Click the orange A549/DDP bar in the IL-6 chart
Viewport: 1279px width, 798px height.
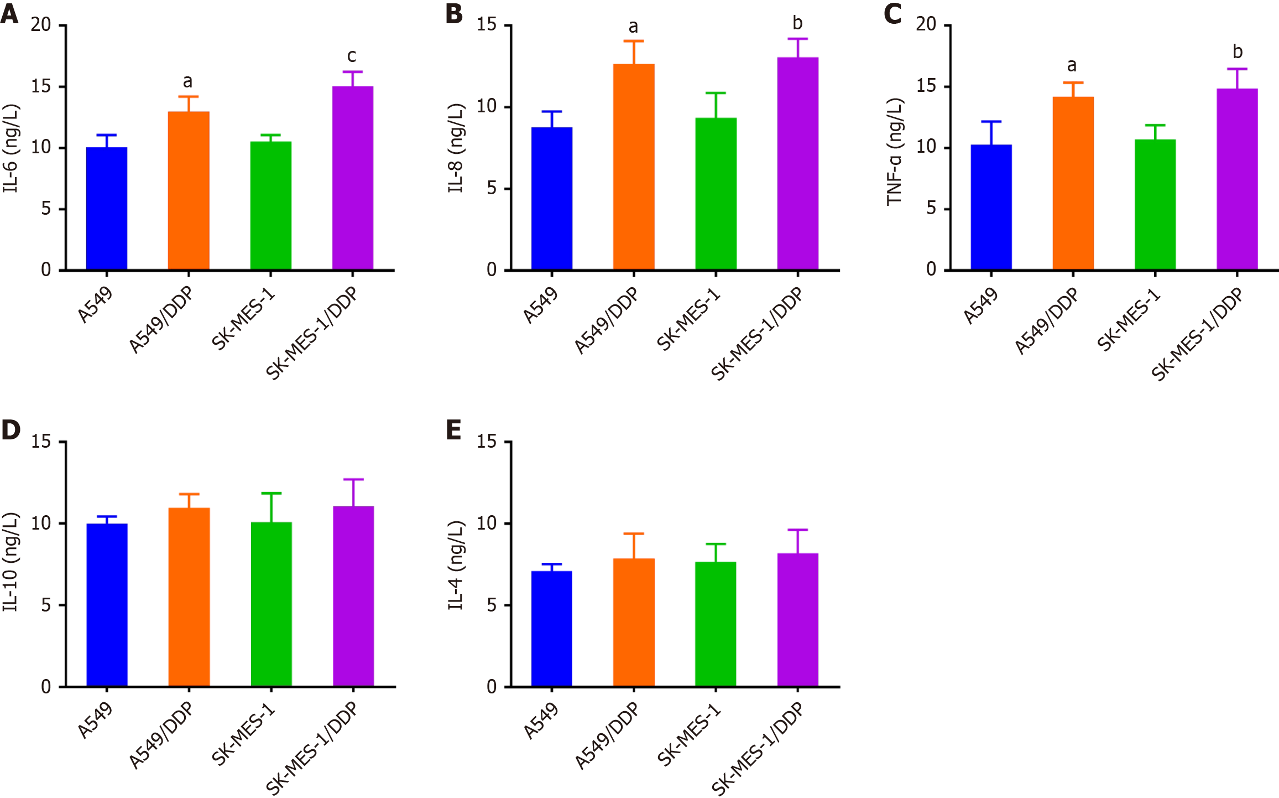point(189,191)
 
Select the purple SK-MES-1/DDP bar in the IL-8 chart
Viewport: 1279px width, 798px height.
point(797,164)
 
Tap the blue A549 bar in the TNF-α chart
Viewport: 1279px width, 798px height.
point(991,208)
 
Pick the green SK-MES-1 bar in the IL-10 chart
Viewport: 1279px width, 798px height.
point(271,604)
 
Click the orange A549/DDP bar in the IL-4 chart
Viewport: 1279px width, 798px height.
point(634,623)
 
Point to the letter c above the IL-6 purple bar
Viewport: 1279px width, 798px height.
point(352,56)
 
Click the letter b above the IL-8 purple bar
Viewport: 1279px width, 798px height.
point(797,23)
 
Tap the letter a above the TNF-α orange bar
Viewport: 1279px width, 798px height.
point(1072,66)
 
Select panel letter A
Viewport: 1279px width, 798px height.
point(9,13)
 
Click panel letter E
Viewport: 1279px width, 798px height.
point(454,430)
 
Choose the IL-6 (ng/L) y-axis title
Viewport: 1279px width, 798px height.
point(11,148)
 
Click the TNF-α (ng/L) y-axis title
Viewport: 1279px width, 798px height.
point(894,152)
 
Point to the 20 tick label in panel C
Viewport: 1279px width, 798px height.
point(926,24)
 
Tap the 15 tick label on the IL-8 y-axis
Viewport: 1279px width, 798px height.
point(487,25)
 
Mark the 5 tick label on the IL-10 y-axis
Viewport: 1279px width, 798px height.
point(46,605)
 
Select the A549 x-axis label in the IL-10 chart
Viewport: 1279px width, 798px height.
point(95,721)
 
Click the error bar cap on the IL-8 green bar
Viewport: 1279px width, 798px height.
point(716,93)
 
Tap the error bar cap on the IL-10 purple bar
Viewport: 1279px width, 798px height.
point(353,479)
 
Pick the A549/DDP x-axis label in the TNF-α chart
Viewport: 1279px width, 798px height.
point(1047,321)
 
